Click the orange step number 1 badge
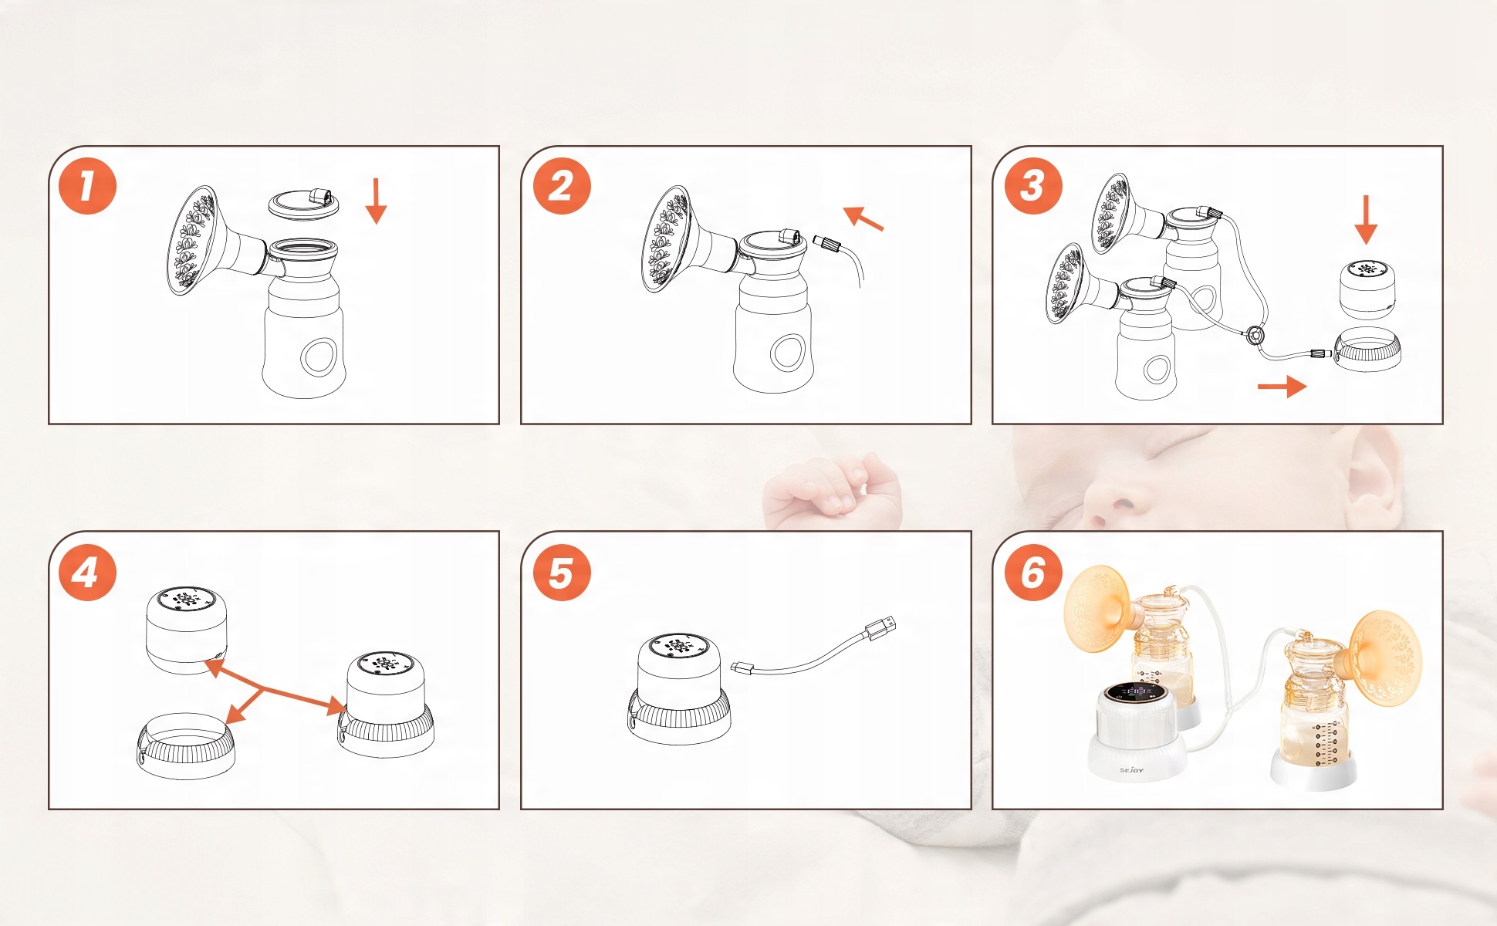pyautogui.click(x=87, y=186)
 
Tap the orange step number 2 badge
pyautogui.click(x=561, y=186)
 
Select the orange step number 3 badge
pyautogui.click(x=1033, y=186)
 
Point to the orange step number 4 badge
pyautogui.click(x=87, y=572)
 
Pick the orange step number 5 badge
pyautogui.click(x=561, y=572)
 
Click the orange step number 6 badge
pyautogui.click(x=1033, y=572)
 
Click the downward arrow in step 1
pyautogui.click(x=376, y=201)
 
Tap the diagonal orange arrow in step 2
pyautogui.click(x=863, y=218)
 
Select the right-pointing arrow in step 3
pyautogui.click(x=1282, y=386)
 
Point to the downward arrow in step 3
pyautogui.click(x=1366, y=219)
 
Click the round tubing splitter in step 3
pyautogui.click(x=1255, y=336)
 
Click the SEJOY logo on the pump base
pyautogui.click(x=1132, y=770)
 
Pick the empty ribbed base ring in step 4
pyautogui.click(x=185, y=745)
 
